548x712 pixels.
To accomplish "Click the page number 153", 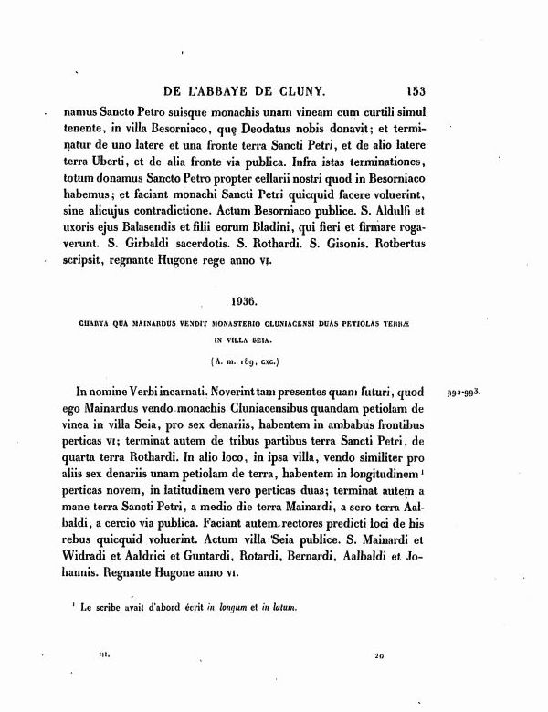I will click(416, 90).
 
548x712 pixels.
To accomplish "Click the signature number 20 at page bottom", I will click(379, 655).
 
